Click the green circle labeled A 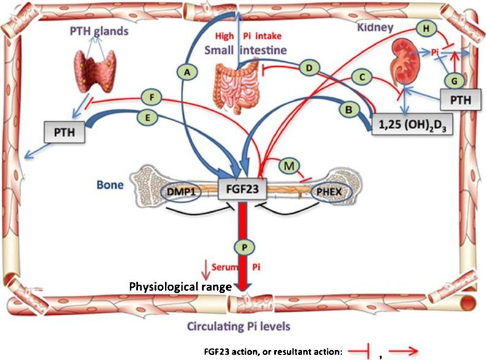coord(189,72)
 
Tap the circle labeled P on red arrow coord(243,246)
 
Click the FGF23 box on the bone coord(243,189)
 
